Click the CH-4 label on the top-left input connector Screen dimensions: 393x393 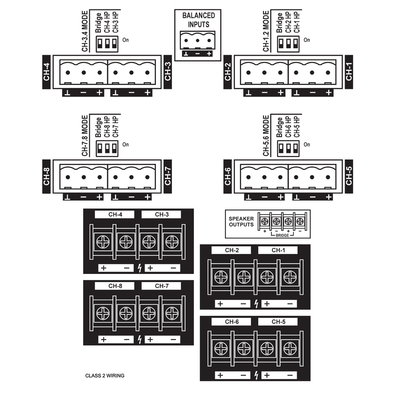(46, 72)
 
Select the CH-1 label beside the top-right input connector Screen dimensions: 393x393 (349, 72)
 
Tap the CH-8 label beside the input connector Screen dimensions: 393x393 (46, 177)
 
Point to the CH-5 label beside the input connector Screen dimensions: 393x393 (349, 177)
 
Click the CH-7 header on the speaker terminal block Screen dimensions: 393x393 (162, 286)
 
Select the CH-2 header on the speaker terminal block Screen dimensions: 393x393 (232, 251)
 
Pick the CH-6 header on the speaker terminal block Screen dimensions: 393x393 (232, 322)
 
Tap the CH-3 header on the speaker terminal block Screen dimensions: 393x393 (162, 215)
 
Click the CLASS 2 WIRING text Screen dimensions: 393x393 (105, 376)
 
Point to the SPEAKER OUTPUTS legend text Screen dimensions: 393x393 (241, 221)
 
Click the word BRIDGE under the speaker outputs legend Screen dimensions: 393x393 (282, 235)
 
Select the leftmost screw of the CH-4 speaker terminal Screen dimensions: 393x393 (103, 242)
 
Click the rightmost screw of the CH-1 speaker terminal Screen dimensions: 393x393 (290, 277)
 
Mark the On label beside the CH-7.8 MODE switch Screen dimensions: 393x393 (125, 145)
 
